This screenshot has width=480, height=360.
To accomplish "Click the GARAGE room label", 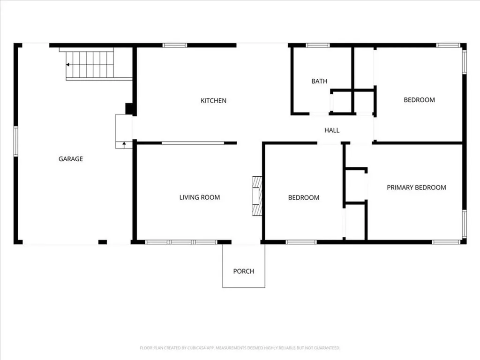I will point(71,159).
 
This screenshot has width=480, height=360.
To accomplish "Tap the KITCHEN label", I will point(213,100).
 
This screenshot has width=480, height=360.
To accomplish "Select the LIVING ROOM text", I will point(200,197).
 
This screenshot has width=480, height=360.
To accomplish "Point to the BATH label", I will point(319,81).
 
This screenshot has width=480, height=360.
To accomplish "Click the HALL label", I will point(332,130).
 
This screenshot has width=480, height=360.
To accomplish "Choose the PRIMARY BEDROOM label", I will point(416,187).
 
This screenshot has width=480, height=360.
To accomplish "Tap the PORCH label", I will point(244,271).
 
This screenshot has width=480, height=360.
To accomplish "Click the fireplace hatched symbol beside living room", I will point(257,196).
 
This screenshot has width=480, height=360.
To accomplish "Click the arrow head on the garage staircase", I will point(68,65).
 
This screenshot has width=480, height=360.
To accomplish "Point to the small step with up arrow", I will point(124,144).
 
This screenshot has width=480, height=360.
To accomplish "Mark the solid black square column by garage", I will point(130,109).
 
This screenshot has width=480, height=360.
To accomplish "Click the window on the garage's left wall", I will point(15,141).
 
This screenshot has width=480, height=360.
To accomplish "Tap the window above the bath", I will point(317,45).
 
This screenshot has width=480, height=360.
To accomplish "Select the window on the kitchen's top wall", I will point(175,45).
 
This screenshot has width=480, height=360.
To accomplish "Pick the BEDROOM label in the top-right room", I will point(419,100).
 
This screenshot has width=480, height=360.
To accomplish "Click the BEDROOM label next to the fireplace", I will point(303,198).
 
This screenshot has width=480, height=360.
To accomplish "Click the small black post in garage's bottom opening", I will point(103,242).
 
